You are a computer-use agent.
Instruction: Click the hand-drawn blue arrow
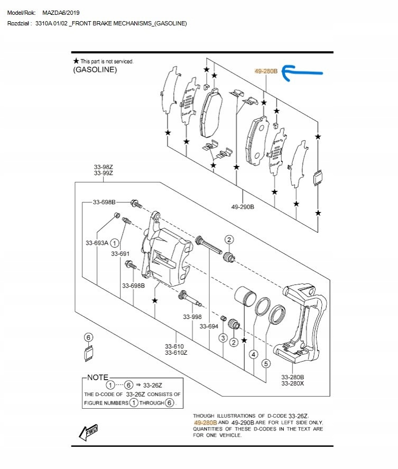302,72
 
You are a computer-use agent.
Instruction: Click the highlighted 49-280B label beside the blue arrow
266,71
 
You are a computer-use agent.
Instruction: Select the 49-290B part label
243,207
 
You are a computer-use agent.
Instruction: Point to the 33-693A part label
97,243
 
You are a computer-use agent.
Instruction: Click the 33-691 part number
120,254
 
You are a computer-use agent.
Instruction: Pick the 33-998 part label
192,317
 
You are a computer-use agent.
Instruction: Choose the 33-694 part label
209,326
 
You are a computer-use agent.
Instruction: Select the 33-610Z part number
176,353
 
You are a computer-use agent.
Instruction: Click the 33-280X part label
292,383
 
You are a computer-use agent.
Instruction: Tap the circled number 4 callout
254,355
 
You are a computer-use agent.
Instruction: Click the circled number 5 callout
266,364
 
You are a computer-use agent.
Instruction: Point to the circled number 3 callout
223,338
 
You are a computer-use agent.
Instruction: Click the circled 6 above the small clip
88,337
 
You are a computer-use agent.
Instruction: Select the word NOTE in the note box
97,378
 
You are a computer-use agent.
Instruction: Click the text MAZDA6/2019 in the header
61,13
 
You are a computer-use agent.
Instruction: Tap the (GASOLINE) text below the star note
95,70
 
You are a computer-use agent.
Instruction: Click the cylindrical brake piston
245,295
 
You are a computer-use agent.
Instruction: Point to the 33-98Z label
104,167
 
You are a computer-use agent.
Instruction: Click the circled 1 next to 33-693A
115,243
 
